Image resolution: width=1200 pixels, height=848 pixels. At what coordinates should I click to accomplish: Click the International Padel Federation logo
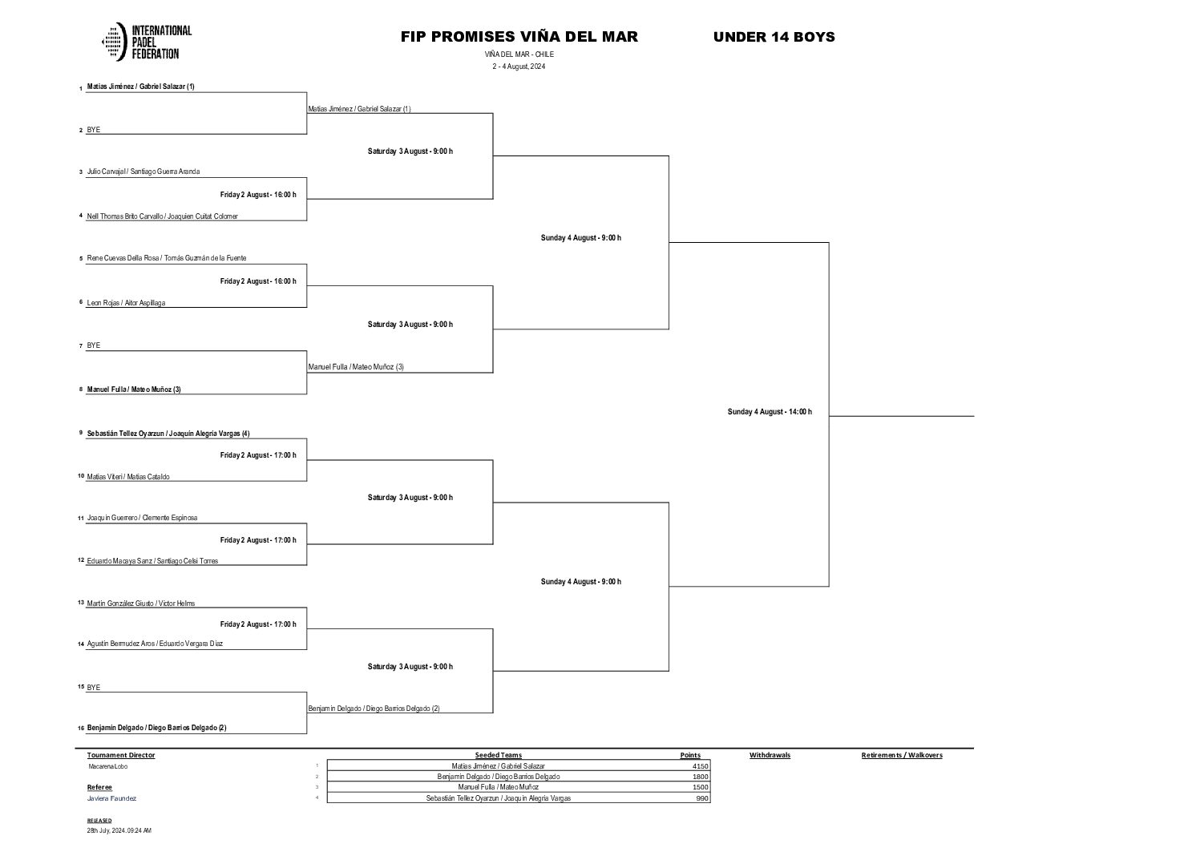coord(147,42)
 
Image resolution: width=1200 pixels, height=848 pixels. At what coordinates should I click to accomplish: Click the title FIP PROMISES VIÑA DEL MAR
coord(519,37)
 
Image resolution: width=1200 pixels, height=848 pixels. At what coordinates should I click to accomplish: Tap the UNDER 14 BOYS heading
coord(774,37)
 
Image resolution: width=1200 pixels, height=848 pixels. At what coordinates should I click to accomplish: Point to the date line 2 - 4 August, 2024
coord(519,67)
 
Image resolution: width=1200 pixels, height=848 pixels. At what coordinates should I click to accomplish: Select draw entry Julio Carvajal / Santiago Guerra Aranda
coord(143,172)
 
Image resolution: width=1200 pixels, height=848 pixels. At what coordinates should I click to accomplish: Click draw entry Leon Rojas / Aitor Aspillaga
coord(126,303)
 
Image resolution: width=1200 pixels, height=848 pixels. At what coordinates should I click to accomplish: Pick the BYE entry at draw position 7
coord(94,345)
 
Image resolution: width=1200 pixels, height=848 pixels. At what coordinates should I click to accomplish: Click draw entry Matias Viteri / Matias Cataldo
coord(128,477)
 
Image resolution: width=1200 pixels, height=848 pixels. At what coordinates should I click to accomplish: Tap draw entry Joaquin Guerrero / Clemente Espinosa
coord(142,518)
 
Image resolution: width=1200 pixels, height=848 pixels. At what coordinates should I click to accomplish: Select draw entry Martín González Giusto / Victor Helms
coord(141,604)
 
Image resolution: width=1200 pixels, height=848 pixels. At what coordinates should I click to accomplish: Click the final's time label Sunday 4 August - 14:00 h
coord(770,412)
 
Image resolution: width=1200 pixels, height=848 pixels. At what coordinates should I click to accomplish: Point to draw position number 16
coord(81,729)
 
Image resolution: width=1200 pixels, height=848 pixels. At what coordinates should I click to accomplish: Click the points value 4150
coord(700,766)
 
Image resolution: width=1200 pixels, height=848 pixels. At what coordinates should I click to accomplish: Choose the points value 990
coord(702,798)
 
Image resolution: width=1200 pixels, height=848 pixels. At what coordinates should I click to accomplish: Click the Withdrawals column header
coord(770,755)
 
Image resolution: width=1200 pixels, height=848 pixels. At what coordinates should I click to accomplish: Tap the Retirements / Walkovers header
coord(902,755)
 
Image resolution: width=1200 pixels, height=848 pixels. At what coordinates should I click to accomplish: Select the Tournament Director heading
coord(121,755)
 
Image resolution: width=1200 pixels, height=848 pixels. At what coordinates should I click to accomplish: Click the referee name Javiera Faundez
coord(111,798)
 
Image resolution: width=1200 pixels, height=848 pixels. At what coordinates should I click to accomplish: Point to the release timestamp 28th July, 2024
coord(119,830)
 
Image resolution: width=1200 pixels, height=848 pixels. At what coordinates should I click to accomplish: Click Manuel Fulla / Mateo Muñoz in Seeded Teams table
coord(499,787)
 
